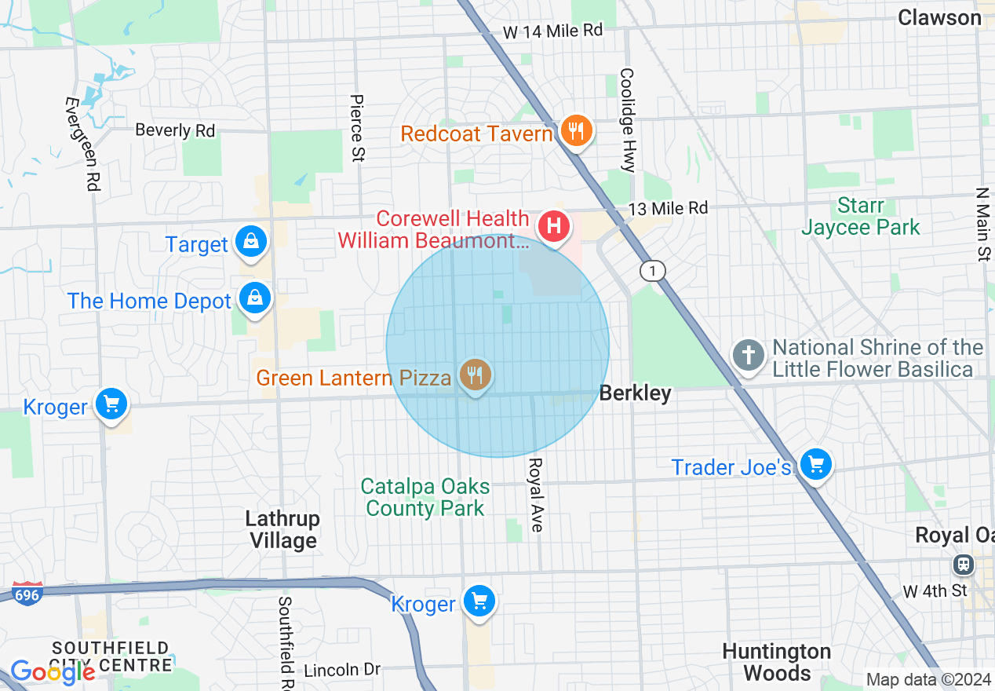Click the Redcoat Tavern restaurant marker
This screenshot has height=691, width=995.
[x=577, y=132]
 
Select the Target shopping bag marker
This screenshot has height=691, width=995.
[x=251, y=243]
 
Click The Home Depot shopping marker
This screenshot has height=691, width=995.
[x=255, y=299]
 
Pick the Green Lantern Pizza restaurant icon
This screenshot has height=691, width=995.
[x=474, y=375]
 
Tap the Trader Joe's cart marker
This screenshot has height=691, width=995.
[x=815, y=465]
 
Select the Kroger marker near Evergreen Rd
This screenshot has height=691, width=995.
[x=111, y=405]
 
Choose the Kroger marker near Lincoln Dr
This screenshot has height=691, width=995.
[x=479, y=602]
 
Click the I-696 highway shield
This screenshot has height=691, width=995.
[x=27, y=595]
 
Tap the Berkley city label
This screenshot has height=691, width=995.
[x=635, y=393]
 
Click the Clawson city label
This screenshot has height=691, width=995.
[x=939, y=17]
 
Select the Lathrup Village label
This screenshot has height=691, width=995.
[x=283, y=530]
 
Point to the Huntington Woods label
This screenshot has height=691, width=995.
[x=776, y=662]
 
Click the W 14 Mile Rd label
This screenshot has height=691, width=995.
[x=552, y=31]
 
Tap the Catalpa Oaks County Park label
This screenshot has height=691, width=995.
[x=425, y=498]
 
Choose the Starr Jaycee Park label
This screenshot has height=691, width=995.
[x=861, y=217]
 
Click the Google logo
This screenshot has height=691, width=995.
[x=53, y=672]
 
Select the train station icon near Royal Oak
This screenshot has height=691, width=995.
[x=963, y=564]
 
